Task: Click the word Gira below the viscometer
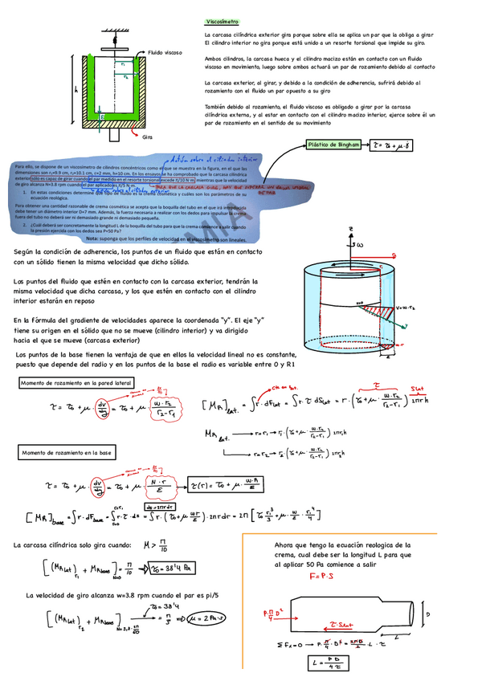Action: (147, 137)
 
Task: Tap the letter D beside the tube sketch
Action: (428, 614)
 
